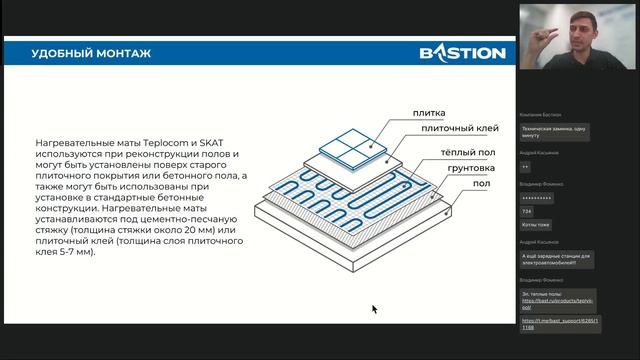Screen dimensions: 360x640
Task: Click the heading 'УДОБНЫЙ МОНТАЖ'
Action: coord(91,52)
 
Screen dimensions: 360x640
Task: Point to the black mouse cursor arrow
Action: coord(374,309)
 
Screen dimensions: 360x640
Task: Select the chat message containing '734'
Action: coord(527,211)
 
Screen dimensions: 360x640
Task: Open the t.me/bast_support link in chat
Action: coord(559,324)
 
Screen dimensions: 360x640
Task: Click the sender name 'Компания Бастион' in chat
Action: coord(540,115)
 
